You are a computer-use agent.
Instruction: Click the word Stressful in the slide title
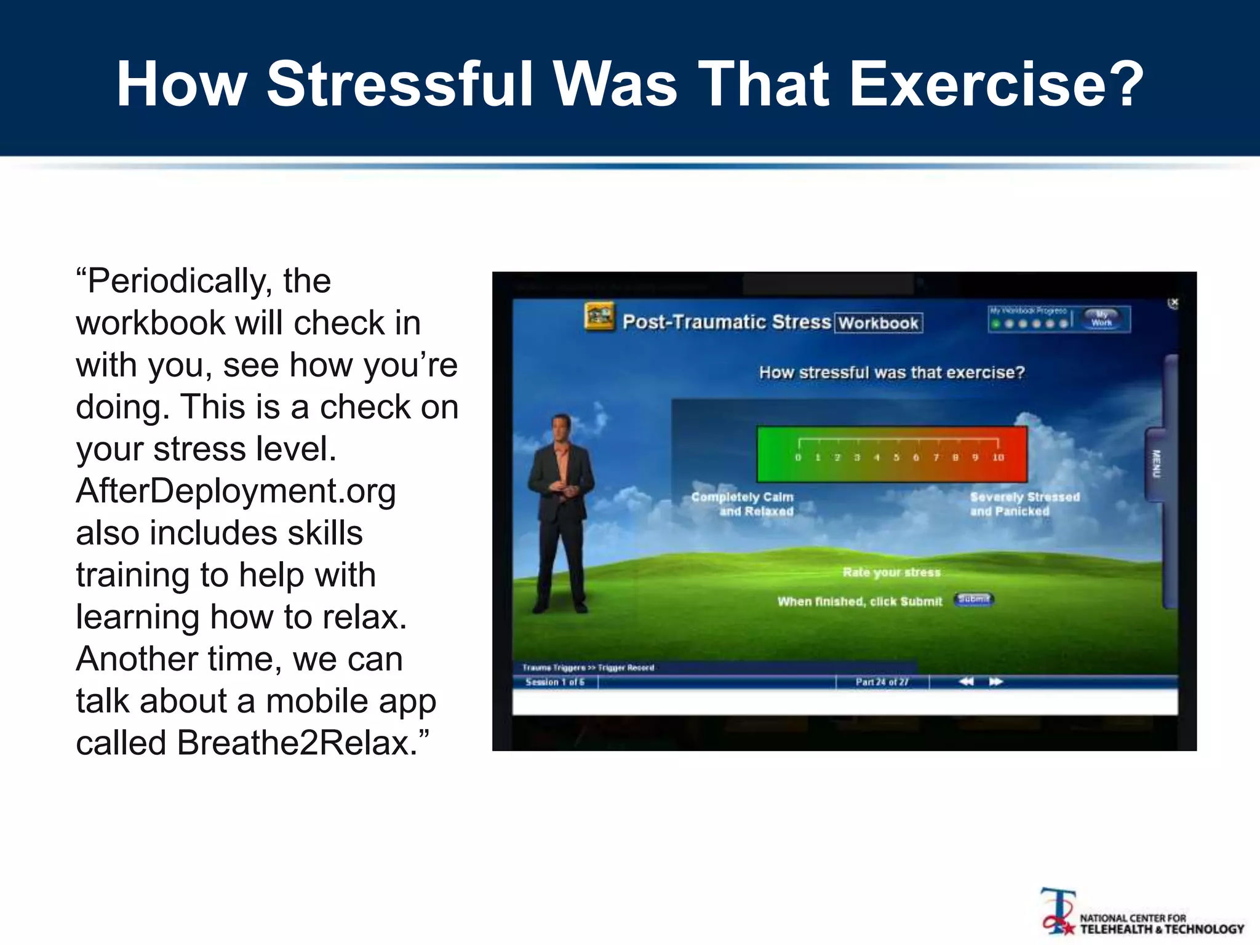pyautogui.click(x=401, y=84)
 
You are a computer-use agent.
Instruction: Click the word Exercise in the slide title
pyautogui.click(x=997, y=84)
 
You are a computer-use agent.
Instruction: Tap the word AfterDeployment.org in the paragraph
pyautogui.click(x=236, y=492)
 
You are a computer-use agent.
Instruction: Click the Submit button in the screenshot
pyautogui.click(x=973, y=599)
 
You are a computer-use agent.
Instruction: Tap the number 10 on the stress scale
pyautogui.click(x=998, y=458)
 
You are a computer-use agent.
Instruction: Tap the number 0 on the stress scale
pyautogui.click(x=798, y=458)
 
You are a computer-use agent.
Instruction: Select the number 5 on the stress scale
pyautogui.click(x=896, y=458)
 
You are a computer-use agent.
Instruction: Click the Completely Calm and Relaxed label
pyautogui.click(x=743, y=504)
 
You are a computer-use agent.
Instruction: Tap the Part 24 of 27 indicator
pyautogui.click(x=882, y=682)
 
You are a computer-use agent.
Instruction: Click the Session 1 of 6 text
pyautogui.click(x=554, y=682)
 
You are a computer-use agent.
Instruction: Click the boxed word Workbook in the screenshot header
pyautogui.click(x=878, y=323)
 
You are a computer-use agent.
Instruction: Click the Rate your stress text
pyautogui.click(x=891, y=572)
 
